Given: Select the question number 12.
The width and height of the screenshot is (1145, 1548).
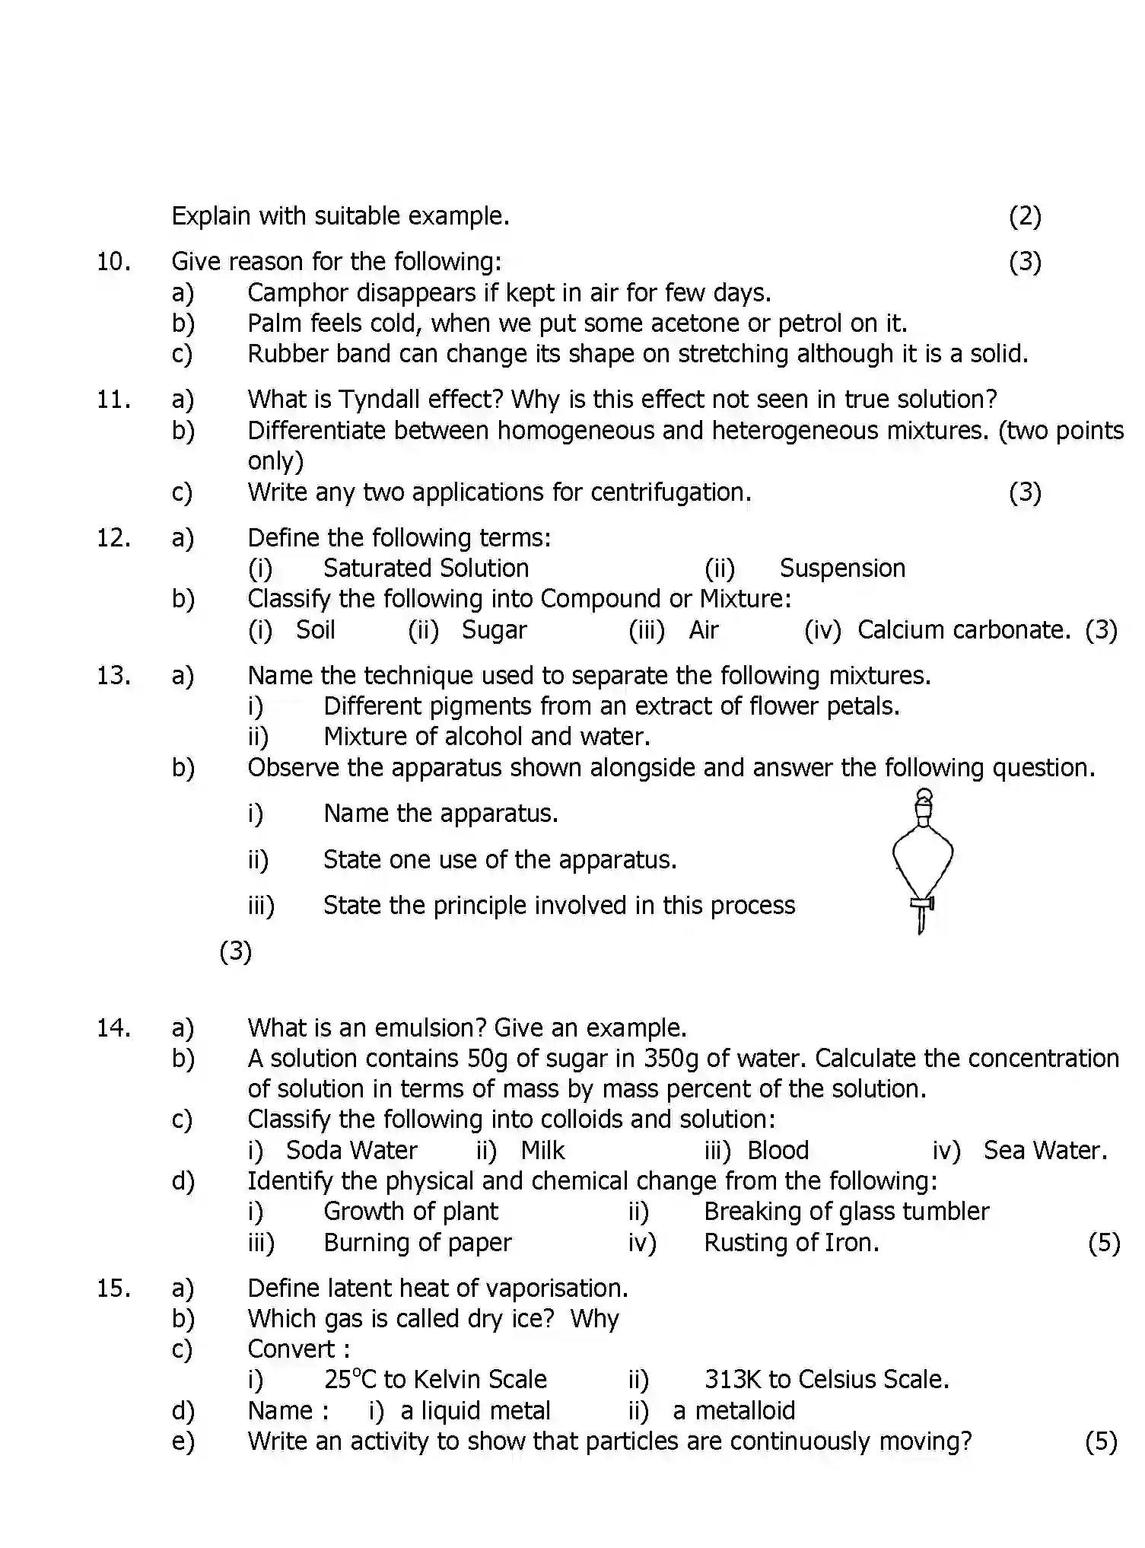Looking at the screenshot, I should coord(113,538).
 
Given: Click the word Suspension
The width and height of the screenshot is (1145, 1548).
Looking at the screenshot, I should coord(842,569).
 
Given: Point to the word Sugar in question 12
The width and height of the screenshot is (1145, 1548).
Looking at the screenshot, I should coord(494,630).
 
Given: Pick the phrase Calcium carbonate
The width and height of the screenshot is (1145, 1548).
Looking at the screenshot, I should coord(963,630).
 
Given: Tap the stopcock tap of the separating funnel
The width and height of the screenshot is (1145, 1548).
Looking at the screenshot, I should coord(922,904).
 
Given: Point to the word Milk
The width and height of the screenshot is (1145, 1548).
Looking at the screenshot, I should coord(542,1151).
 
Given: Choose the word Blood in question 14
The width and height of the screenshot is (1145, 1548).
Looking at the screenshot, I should coord(778,1151).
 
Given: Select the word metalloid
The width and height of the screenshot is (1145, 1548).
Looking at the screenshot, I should coord(745,1411).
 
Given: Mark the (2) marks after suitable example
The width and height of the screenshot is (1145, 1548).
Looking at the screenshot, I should coord(1025,217).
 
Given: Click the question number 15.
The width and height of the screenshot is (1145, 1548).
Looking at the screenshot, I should coord(113,1288).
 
